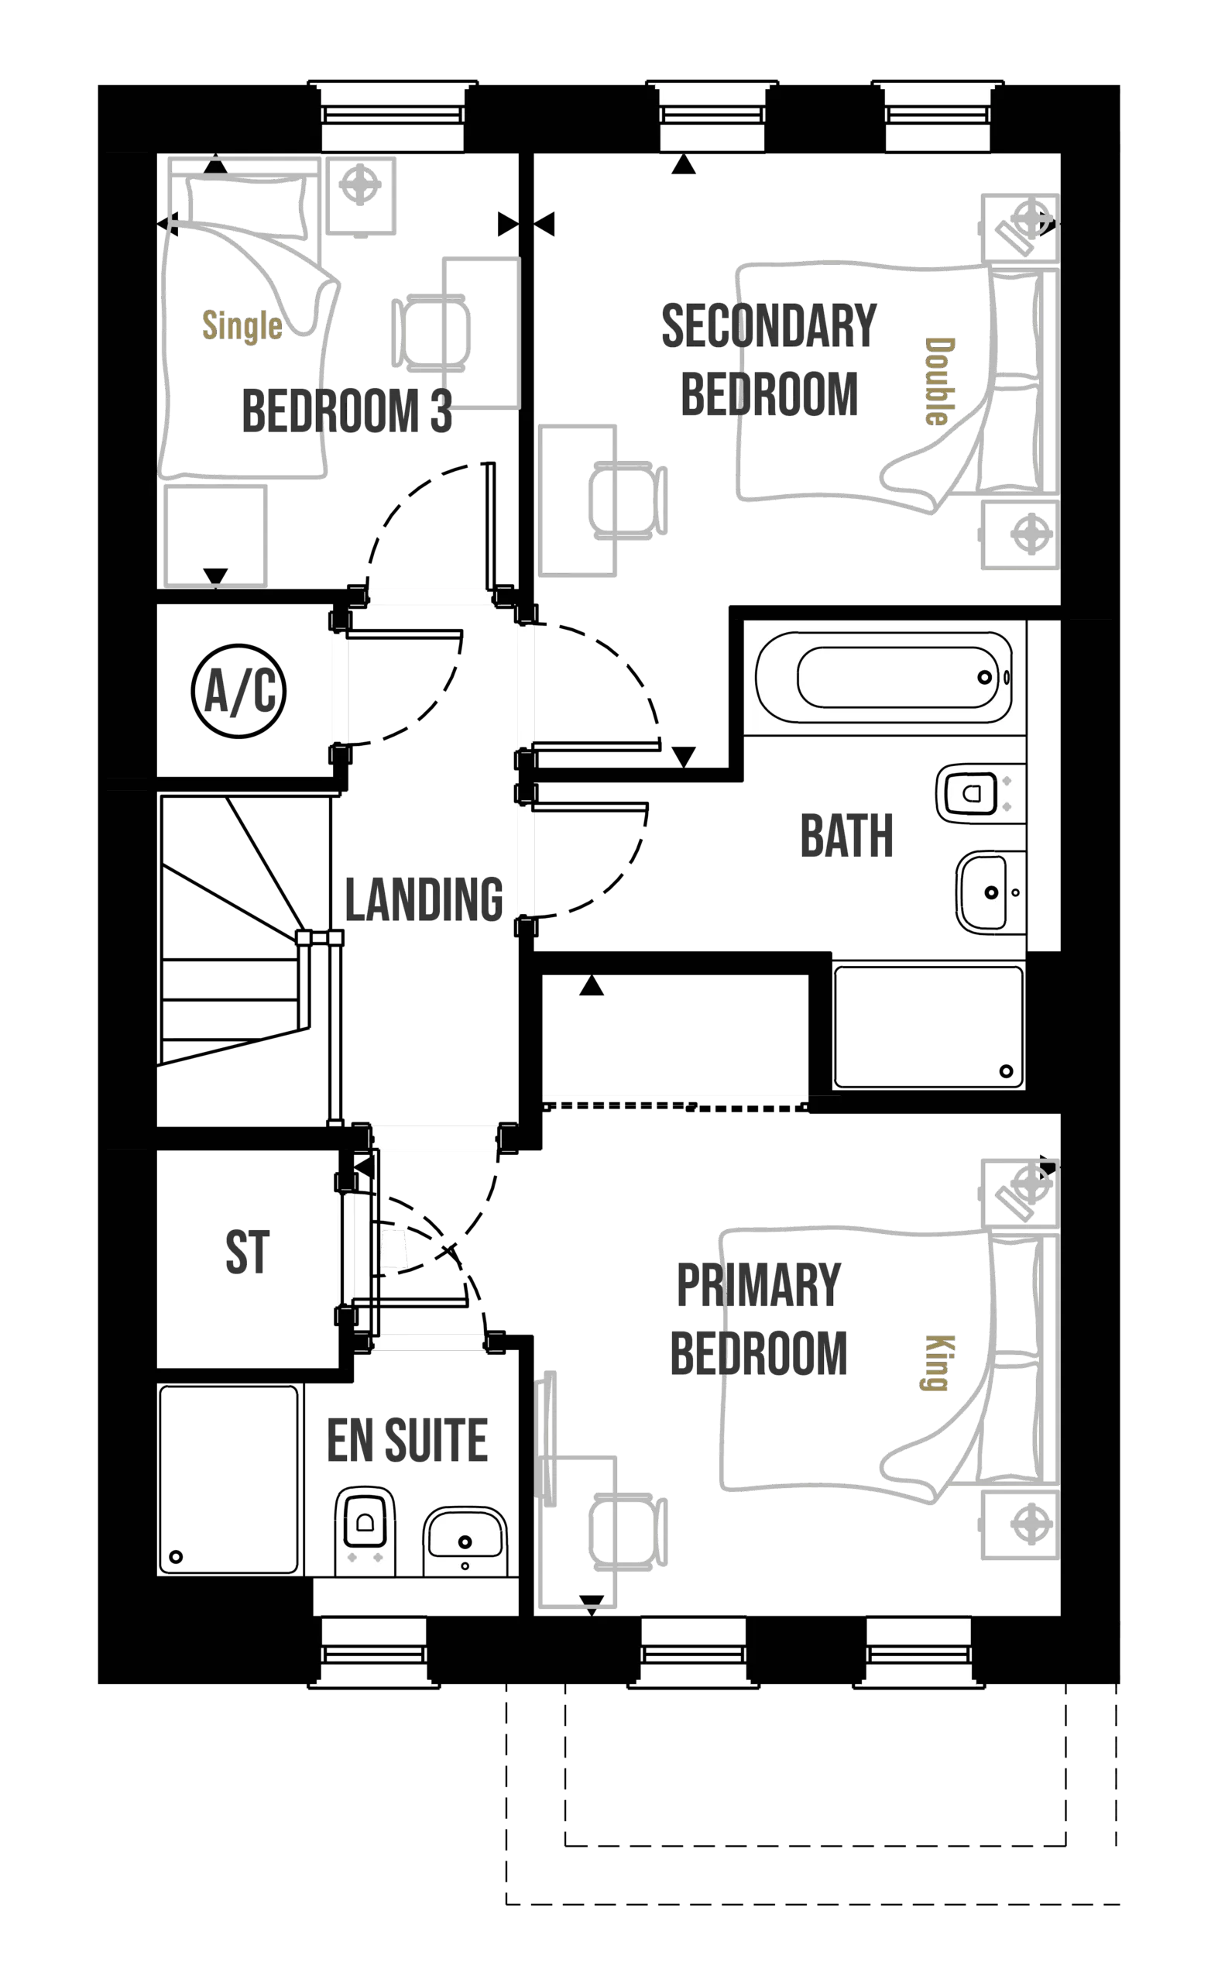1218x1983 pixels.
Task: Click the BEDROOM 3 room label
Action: (345, 409)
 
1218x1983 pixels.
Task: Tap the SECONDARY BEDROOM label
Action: (770, 360)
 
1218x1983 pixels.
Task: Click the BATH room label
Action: (846, 837)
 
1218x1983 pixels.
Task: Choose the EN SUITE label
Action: (408, 1439)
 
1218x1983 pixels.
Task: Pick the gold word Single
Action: (242, 325)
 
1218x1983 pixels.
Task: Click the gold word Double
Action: (939, 380)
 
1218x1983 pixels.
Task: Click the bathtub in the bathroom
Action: (884, 678)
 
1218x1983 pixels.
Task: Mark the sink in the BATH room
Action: (990, 892)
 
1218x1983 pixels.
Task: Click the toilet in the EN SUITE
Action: (365, 1531)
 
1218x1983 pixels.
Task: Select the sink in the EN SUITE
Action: (465, 1541)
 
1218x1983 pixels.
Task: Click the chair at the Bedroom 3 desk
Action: (431, 333)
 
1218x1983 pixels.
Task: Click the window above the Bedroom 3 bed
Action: (393, 118)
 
